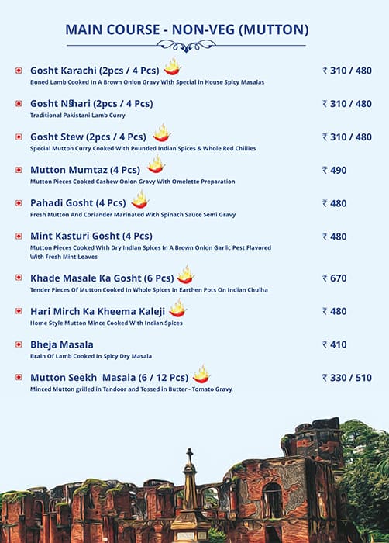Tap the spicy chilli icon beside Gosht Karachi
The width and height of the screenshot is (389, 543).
point(171,67)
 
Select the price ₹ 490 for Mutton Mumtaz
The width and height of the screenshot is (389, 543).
point(335,170)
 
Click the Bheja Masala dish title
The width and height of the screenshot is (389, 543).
point(62,344)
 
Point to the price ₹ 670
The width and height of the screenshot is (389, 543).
point(335,278)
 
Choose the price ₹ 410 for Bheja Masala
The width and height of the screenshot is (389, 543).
point(335,344)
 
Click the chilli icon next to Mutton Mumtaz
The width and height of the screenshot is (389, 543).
point(156,165)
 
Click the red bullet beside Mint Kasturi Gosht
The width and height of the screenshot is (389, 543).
point(19,237)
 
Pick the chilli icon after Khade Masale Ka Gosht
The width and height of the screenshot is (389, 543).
point(184,275)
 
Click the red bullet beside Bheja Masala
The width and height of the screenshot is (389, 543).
point(19,344)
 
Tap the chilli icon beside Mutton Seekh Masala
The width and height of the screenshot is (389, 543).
point(201,375)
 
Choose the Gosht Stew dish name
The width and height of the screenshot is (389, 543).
point(88,137)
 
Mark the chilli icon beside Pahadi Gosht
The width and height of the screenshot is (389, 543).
point(139,200)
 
